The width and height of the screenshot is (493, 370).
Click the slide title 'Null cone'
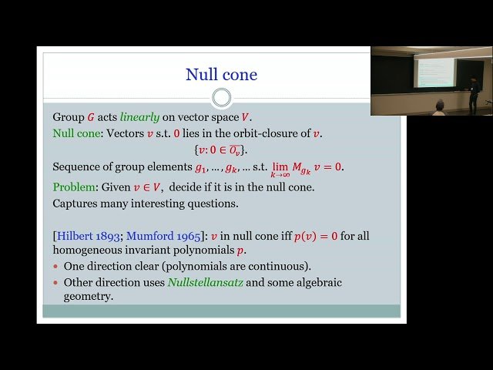(x=221, y=75)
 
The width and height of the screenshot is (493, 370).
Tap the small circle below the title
(x=221, y=97)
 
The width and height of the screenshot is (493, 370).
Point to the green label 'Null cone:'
(x=77, y=133)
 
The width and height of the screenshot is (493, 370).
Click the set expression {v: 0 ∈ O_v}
(x=220, y=150)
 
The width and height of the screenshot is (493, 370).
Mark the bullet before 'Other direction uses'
(x=56, y=283)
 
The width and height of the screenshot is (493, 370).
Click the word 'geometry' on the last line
(x=89, y=297)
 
